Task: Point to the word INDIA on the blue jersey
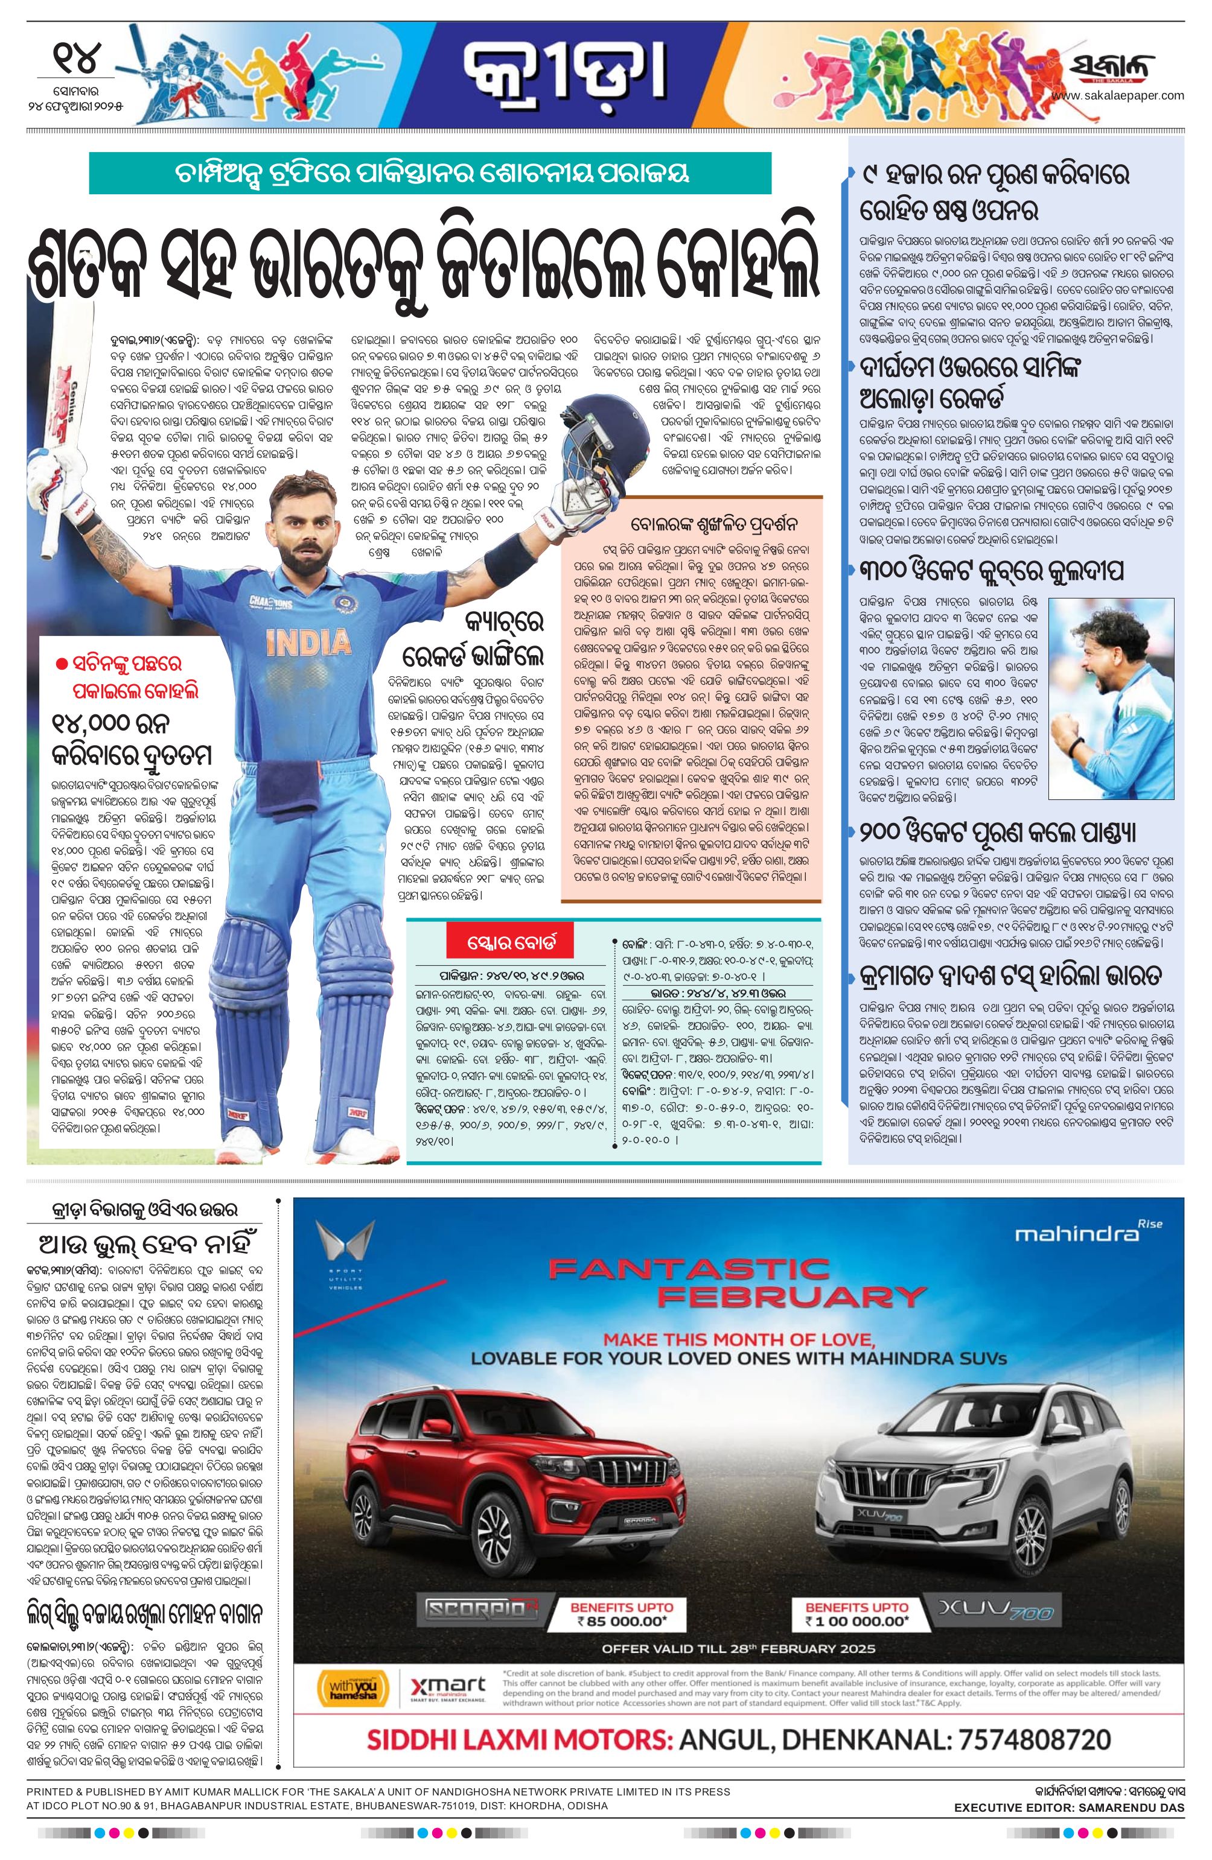tap(307, 643)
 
